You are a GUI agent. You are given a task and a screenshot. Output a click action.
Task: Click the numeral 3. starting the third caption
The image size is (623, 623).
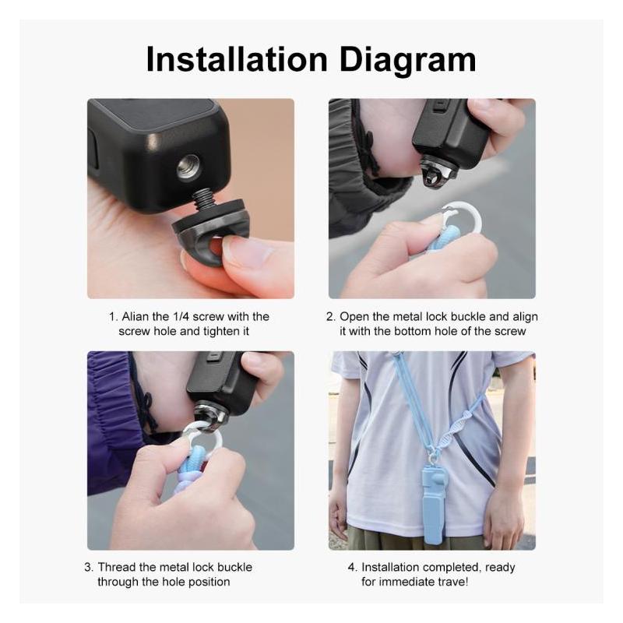point(90,567)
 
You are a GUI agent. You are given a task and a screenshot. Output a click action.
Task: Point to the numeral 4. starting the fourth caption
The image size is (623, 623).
point(352,567)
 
